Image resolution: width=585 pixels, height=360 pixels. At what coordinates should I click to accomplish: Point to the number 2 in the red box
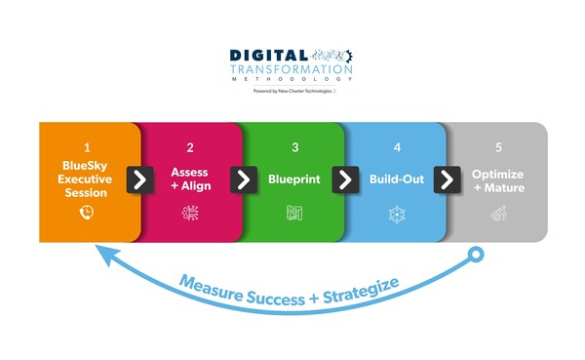(x=189, y=149)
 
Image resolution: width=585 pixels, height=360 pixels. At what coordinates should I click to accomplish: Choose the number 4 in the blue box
(x=396, y=149)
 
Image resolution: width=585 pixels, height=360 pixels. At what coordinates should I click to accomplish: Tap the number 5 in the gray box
(x=498, y=149)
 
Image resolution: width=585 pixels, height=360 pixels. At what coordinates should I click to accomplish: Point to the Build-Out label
(x=396, y=180)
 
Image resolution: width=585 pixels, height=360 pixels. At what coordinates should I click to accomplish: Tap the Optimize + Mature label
(x=498, y=180)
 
